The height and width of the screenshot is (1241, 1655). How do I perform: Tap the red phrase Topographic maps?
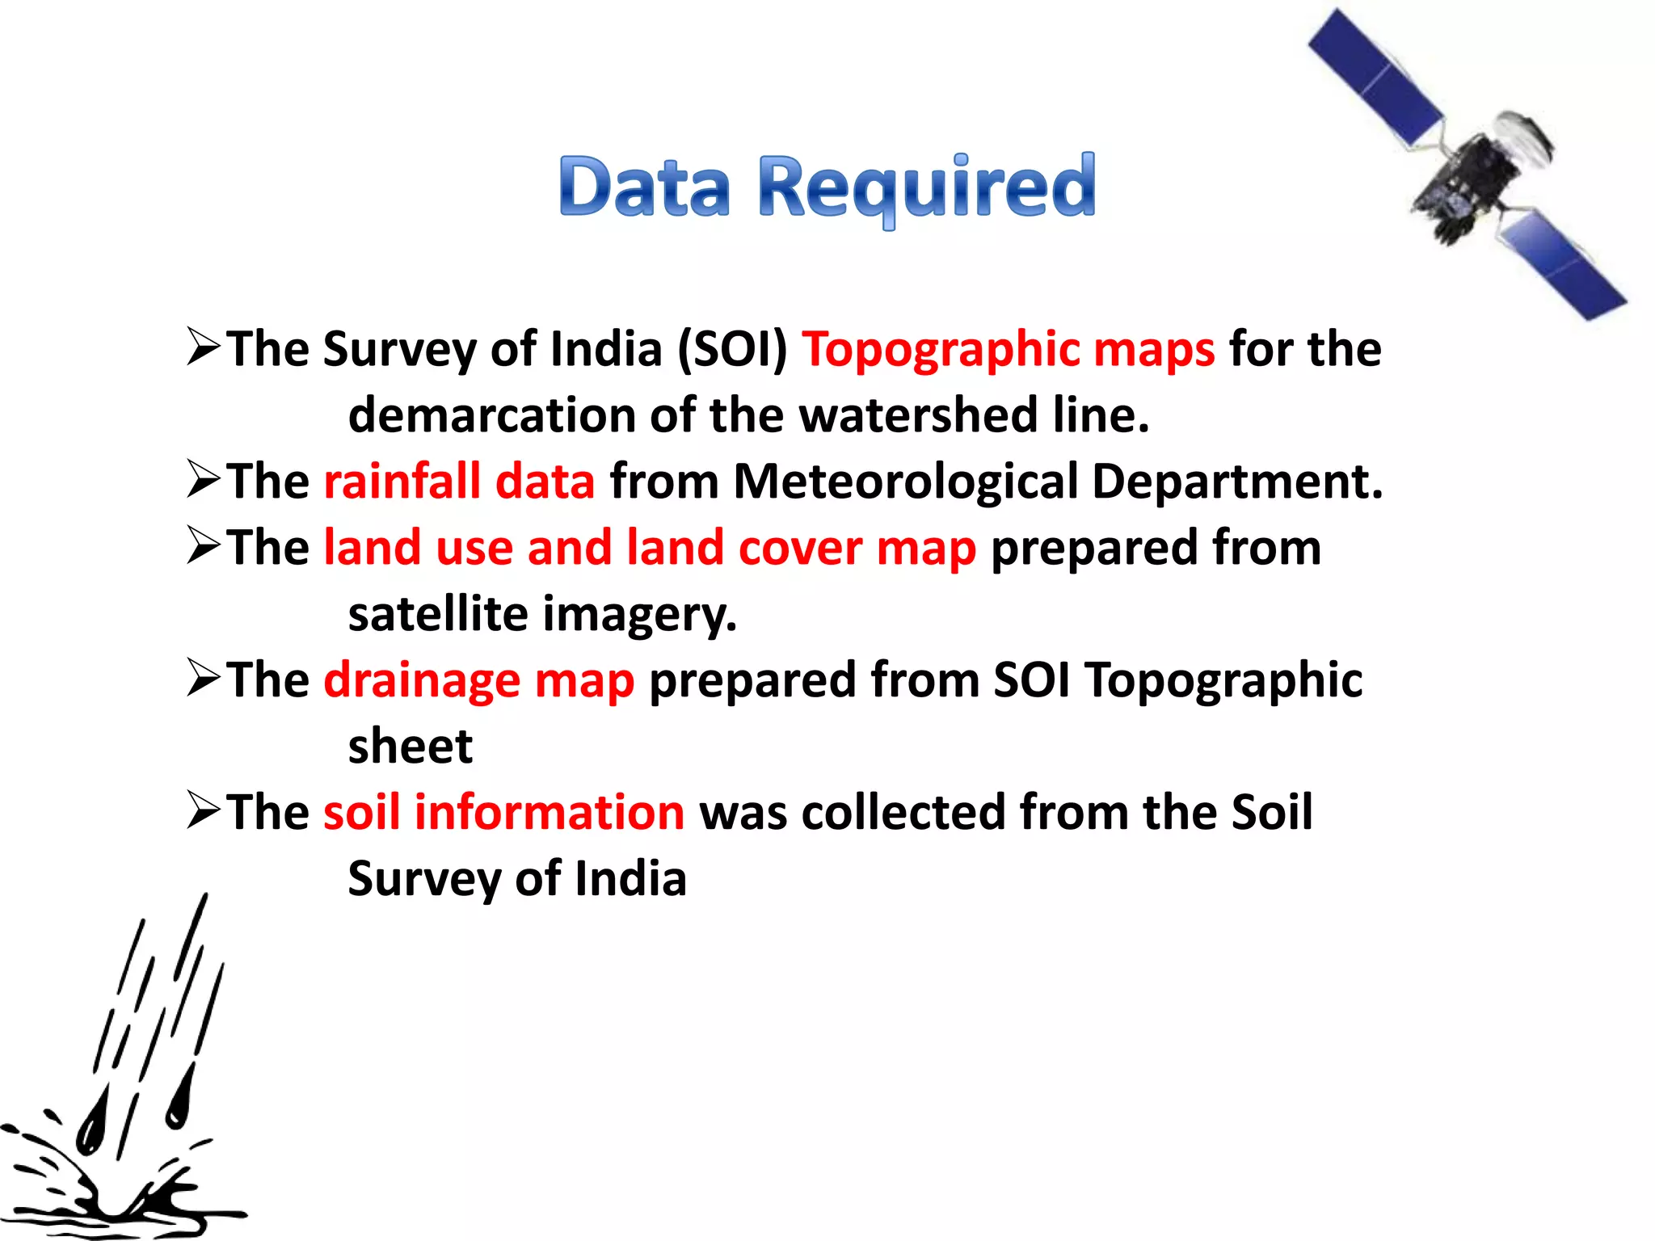tap(1008, 350)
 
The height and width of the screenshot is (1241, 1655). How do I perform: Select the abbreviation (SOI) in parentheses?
tap(732, 350)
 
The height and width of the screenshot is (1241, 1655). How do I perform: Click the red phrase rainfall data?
tap(459, 482)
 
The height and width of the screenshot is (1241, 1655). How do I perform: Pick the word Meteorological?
tap(906, 482)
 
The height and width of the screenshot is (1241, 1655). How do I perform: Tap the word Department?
tap(1237, 482)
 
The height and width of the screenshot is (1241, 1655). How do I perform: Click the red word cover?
tap(800, 548)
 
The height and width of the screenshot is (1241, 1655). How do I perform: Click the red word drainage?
tap(422, 680)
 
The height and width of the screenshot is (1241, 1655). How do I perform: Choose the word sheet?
tap(410, 747)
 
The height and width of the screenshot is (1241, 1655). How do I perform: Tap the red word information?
tap(550, 812)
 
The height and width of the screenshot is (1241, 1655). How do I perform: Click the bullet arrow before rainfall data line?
tap(203, 479)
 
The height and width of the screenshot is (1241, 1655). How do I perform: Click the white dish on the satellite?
tap(1524, 137)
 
